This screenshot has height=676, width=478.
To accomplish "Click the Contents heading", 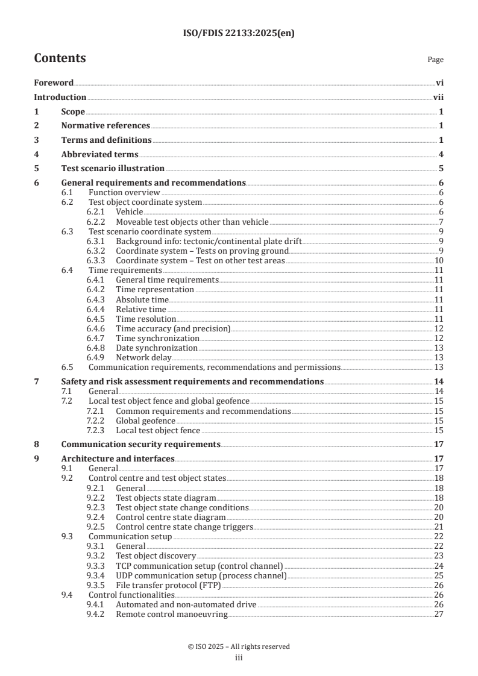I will click(60, 58).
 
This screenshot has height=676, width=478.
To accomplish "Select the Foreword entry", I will click(54, 83).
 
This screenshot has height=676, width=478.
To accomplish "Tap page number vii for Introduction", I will click(438, 97).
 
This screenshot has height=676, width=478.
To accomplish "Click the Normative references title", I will click(105, 125).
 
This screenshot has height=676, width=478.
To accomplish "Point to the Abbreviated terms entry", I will click(99, 154).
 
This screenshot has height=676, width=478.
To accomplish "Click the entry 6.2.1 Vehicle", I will click(129, 212).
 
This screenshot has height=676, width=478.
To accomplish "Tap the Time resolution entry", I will click(145, 319).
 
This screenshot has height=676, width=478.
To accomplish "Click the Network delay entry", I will click(142, 357).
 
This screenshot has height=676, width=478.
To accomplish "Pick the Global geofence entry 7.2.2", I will click(145, 421).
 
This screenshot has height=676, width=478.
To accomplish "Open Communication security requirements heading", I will click(140, 445).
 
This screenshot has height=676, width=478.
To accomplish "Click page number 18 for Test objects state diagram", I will click(439, 498).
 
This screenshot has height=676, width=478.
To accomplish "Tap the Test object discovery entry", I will click(156, 556).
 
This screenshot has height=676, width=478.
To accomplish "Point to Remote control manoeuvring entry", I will click(172, 613).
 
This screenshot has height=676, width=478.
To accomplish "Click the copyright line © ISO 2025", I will click(239, 646).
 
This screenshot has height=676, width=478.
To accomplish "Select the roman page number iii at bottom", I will click(239, 658).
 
